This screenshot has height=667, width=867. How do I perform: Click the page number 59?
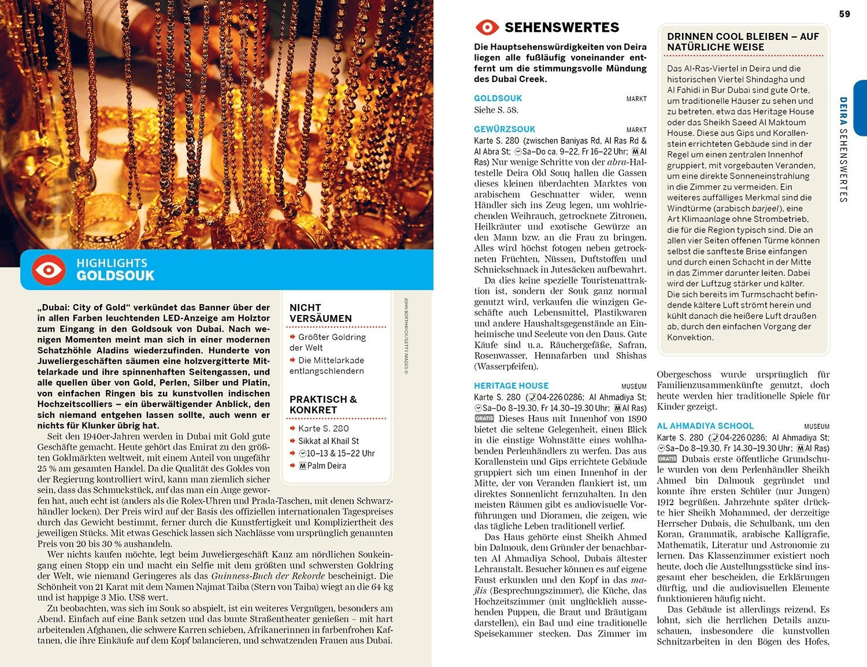click(844, 14)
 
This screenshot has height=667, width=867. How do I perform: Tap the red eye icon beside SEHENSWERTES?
click(487, 27)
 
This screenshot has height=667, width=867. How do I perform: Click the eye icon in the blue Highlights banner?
click(49, 270)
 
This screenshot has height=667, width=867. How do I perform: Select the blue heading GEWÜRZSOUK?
click(505, 129)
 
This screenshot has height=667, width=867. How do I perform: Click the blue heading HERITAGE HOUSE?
click(511, 386)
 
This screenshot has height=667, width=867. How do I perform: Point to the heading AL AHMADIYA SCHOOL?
click(705, 426)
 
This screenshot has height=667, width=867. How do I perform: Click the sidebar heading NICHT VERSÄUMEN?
click(321, 313)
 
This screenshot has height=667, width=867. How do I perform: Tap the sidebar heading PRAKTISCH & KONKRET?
click(323, 405)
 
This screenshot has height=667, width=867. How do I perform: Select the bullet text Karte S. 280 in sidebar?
click(323, 428)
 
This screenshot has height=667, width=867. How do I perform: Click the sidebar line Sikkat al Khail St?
click(328, 441)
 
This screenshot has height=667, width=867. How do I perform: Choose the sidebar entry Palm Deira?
click(327, 466)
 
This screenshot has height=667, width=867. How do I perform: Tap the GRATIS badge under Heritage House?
click(484, 418)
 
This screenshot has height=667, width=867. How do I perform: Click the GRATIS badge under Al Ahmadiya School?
click(667, 459)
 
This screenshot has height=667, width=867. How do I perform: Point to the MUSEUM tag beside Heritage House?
click(633, 386)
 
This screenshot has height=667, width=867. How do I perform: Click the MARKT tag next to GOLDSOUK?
click(636, 99)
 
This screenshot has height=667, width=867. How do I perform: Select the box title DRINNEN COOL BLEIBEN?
click(743, 42)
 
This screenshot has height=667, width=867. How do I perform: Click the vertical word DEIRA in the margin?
click(843, 111)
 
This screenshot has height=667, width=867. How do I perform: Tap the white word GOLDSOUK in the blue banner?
click(116, 276)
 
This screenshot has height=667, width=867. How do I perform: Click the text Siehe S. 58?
click(496, 110)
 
